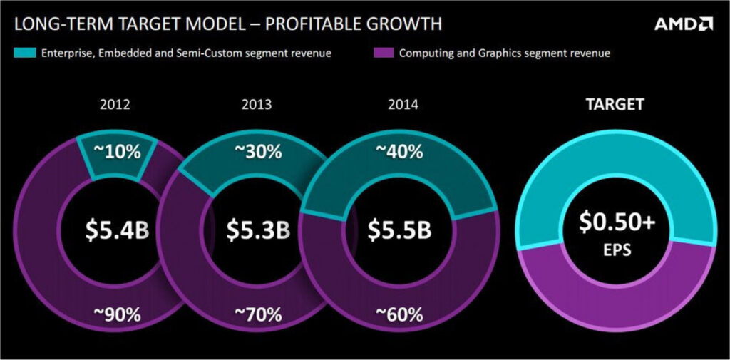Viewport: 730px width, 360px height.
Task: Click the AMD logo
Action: click(683, 24)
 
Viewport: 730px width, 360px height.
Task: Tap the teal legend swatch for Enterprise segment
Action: click(25, 53)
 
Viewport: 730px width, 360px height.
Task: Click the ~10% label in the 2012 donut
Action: click(118, 152)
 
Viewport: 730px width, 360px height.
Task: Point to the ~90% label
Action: click(118, 315)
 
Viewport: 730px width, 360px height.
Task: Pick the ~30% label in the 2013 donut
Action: click(258, 152)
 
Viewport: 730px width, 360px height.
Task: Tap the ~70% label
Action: click(258, 315)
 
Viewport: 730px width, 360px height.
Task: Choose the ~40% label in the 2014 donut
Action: click(399, 152)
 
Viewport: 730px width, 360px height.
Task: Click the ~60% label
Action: click(399, 315)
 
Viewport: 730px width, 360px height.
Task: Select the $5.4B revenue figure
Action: click(118, 230)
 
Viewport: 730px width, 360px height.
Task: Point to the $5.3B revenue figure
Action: click(258, 230)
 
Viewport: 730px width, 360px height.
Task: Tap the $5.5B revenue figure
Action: click(399, 230)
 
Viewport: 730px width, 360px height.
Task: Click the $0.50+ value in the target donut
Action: click(617, 222)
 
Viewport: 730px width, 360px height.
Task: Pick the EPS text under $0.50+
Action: click(617, 250)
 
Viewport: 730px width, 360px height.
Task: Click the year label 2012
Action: click(115, 104)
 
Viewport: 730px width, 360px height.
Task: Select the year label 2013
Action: click(257, 104)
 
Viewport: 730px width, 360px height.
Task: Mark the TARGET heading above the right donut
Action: click(615, 104)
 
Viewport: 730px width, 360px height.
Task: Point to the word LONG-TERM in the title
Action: click(61, 24)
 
